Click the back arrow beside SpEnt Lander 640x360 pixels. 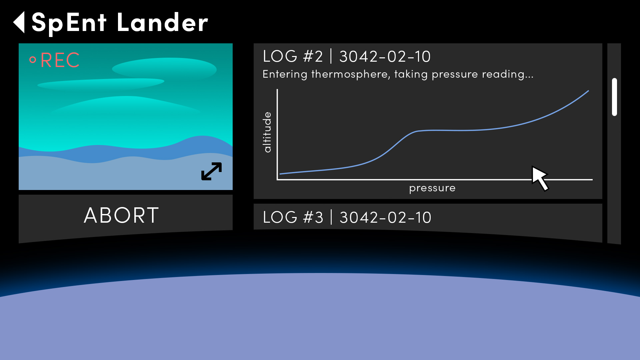[19, 22]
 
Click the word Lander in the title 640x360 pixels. [162, 23]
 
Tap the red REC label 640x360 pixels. [60, 60]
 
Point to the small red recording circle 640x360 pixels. [33, 60]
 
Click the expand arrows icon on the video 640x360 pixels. [211, 171]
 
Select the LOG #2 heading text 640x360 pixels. [293, 56]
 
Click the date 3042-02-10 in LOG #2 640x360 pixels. [385, 57]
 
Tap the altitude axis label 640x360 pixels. [267, 132]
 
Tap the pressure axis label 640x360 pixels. [432, 188]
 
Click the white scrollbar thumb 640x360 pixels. [614, 97]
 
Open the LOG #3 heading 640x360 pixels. [293, 217]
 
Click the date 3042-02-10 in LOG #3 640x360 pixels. [385, 218]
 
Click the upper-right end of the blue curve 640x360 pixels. [589, 91]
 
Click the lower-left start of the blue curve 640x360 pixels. [280, 174]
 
